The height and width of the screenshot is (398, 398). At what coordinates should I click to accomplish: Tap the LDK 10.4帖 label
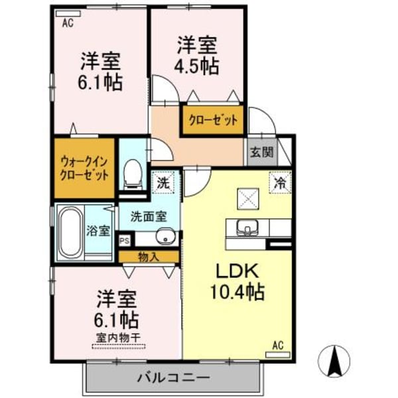237,281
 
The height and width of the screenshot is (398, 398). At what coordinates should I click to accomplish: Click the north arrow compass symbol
336,362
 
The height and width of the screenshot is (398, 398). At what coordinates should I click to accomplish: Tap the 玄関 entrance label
261,152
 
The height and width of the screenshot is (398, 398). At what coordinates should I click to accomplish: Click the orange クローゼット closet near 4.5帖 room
213,121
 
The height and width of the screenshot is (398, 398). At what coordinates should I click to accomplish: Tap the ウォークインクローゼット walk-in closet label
85,168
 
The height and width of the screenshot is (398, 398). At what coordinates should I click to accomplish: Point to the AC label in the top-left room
68,24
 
